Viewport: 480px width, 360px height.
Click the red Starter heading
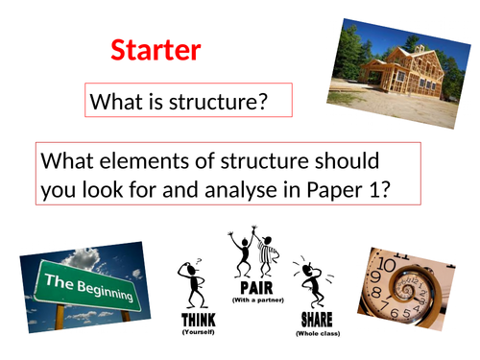(x=155, y=50)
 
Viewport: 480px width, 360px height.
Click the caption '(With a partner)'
(x=252, y=300)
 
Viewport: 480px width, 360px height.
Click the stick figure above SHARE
(x=313, y=284)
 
